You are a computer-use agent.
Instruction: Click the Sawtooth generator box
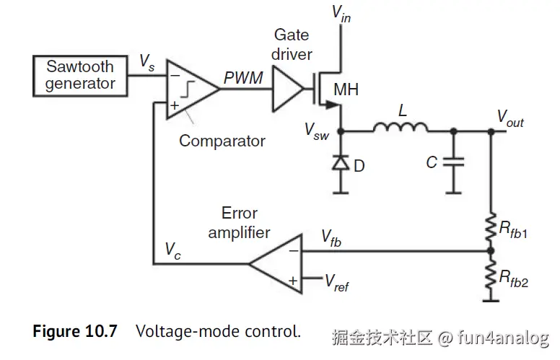[x=80, y=76]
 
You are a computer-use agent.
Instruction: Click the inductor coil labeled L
[x=400, y=128]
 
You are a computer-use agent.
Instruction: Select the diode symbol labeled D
[x=340, y=164]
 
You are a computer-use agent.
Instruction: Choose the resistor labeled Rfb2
[x=491, y=278]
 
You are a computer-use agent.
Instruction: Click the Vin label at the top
[x=341, y=12]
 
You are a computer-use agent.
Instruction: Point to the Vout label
[x=510, y=118]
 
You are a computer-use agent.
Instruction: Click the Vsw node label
[x=315, y=131]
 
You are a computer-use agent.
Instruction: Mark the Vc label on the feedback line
[x=173, y=250]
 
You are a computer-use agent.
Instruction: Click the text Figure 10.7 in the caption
[x=75, y=332]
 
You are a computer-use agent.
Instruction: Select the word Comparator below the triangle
[x=222, y=141]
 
